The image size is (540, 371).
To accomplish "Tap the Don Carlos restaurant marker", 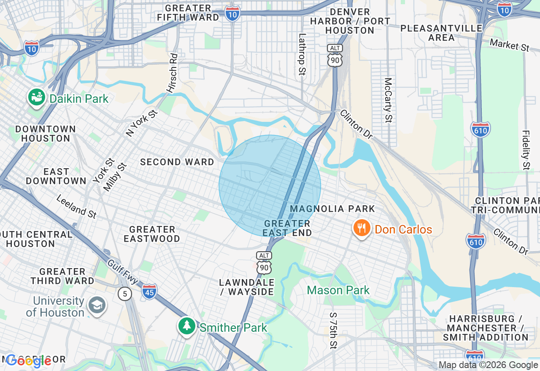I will point(362,229).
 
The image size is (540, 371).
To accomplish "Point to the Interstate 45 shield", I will point(149,291).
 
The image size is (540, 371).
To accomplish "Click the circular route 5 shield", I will point(125,293).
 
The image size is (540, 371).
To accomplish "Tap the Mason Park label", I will point(338,290).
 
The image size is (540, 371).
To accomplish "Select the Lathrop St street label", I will point(302,54).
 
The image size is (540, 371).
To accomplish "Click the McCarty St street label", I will point(388,100).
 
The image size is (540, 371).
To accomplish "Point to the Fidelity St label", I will point(526,149).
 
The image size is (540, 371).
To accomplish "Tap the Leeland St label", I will point(76,207).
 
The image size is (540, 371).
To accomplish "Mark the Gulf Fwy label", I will point(122,272).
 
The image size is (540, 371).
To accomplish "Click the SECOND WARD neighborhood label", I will point(177,162).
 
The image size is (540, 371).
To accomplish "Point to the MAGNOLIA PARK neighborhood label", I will point(332,209).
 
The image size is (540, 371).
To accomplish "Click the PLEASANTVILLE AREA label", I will point(441,33).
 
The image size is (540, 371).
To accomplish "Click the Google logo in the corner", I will point(29,361).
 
